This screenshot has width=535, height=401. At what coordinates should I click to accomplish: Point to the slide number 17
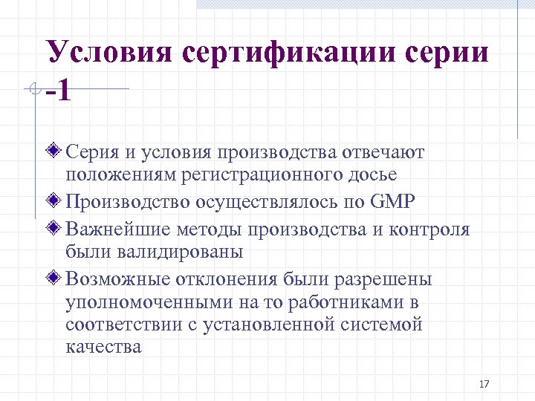pos(484,384)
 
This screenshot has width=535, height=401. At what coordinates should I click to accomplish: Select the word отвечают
pos(383,152)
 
